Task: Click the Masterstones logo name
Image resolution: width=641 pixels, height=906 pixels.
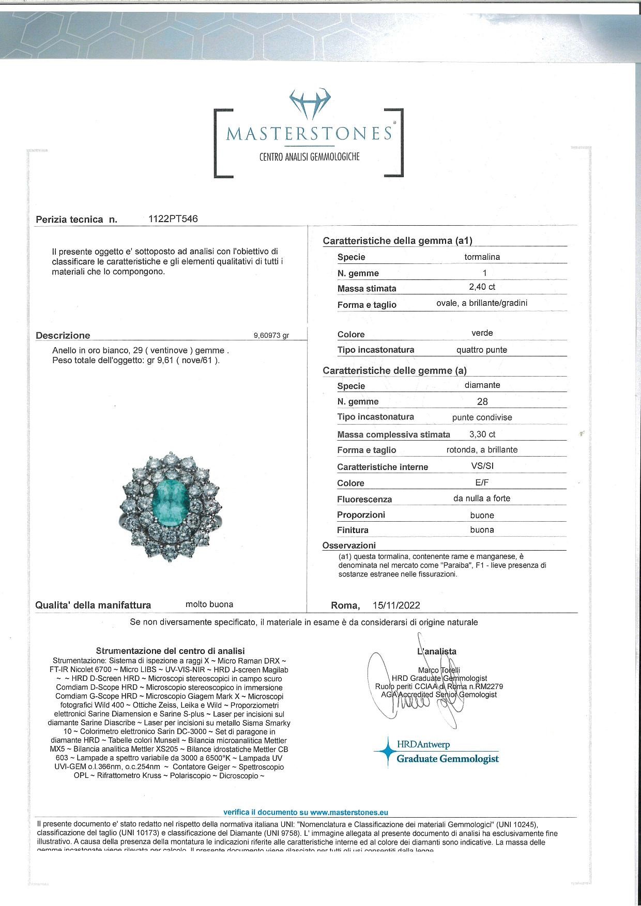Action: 309,133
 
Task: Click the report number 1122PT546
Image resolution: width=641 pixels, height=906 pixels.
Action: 173,218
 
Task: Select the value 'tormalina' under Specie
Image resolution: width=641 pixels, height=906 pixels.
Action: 482,257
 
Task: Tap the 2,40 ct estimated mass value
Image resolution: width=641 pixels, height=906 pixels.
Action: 482,287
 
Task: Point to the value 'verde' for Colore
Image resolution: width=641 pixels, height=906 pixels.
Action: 482,333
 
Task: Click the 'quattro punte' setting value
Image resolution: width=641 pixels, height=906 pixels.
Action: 482,350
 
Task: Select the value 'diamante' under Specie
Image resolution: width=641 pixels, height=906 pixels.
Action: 482,385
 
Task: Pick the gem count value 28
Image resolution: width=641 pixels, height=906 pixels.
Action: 482,401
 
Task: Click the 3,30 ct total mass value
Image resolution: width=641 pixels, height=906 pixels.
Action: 482,434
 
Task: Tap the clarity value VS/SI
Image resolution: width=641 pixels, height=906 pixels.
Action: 482,466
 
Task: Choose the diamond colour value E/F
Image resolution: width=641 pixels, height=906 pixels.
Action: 482,482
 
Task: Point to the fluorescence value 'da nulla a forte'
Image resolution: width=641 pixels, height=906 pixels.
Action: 482,498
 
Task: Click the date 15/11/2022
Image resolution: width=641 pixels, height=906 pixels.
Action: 396,605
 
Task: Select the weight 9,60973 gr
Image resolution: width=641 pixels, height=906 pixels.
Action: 271,335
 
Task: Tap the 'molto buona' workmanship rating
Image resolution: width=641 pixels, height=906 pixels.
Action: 209,604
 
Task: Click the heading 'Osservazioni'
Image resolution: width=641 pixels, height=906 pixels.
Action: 349,545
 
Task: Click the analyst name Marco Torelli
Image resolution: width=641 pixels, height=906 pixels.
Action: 439,670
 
